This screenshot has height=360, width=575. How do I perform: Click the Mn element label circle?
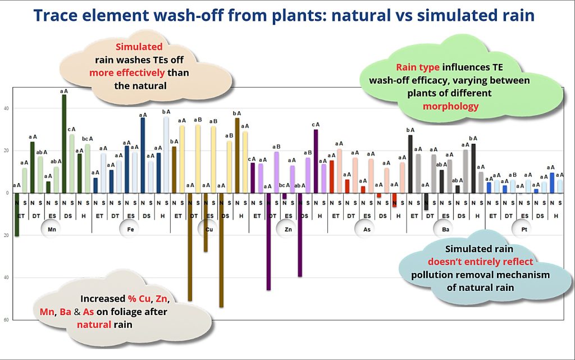[x=51, y=229]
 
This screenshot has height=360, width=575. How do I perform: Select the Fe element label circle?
[x=129, y=229]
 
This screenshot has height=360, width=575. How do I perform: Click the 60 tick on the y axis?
[x=6, y=320]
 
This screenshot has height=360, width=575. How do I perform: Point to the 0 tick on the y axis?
[x=6, y=193]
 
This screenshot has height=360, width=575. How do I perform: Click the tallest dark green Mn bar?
[x=64, y=143]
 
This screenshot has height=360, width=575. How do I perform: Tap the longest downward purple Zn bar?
[x=268, y=241]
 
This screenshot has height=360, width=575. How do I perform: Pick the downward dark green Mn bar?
[x=17, y=215]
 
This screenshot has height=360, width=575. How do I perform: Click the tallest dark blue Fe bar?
[x=143, y=155]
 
